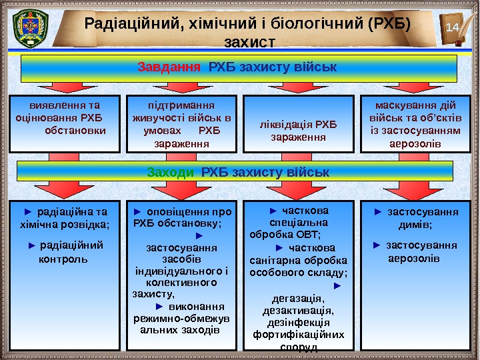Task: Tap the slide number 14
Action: (453, 27)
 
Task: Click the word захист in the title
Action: (250, 43)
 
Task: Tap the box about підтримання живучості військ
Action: (181, 124)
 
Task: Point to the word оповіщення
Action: (173, 213)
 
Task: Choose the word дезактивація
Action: (298, 311)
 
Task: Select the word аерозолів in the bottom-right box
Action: (414, 257)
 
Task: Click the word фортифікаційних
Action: (298, 335)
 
